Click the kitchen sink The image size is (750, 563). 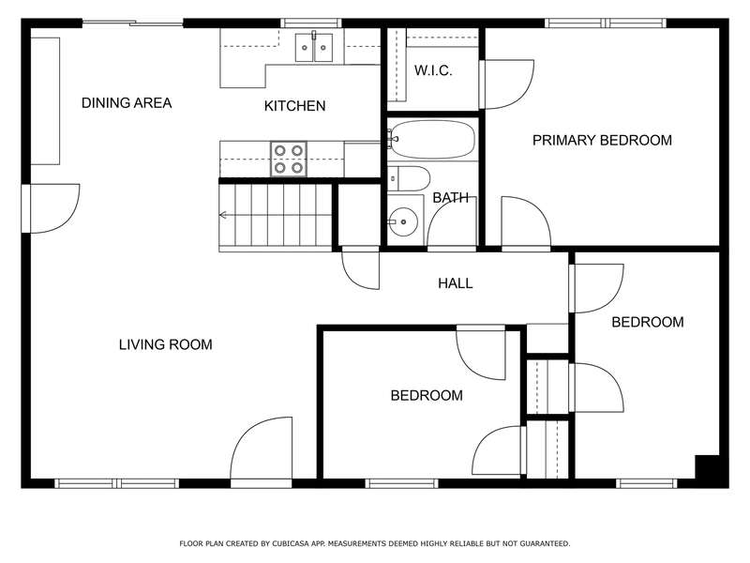314,48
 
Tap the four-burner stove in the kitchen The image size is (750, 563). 289,159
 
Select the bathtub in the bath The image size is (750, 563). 432,139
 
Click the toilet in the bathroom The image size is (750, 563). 409,178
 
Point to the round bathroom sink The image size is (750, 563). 403,222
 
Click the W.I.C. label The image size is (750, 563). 433,71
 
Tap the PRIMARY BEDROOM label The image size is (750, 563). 602,140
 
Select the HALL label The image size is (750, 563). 456,283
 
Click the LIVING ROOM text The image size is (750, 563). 166,344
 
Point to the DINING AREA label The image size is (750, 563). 127,103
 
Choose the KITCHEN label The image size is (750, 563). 294,106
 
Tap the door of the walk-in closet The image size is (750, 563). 507,84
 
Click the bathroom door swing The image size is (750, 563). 452,224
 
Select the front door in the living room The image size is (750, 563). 262,450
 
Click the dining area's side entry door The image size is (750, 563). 52,208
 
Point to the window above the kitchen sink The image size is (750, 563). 311,23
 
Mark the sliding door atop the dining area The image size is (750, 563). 133,22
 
